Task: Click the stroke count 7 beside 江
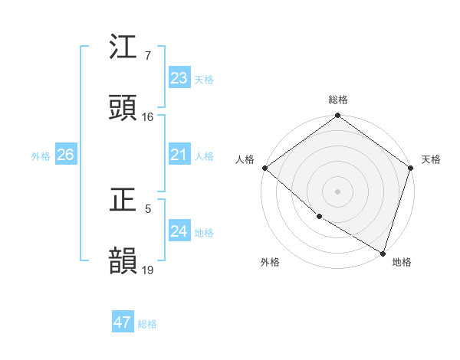(148, 56)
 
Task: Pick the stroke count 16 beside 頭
(148, 117)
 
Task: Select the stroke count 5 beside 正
(148, 208)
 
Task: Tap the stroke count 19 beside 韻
(148, 270)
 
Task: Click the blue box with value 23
(179, 78)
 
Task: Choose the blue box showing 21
(179, 155)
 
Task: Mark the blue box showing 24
(179, 231)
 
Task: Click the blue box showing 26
(65, 155)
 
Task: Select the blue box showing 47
(123, 323)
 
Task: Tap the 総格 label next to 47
(148, 324)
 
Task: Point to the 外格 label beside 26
(41, 156)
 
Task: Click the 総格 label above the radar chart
(338, 100)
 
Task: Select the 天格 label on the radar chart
(431, 159)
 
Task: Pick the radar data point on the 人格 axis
(264, 168)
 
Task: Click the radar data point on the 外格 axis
(319, 217)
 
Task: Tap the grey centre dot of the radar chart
(338, 191)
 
